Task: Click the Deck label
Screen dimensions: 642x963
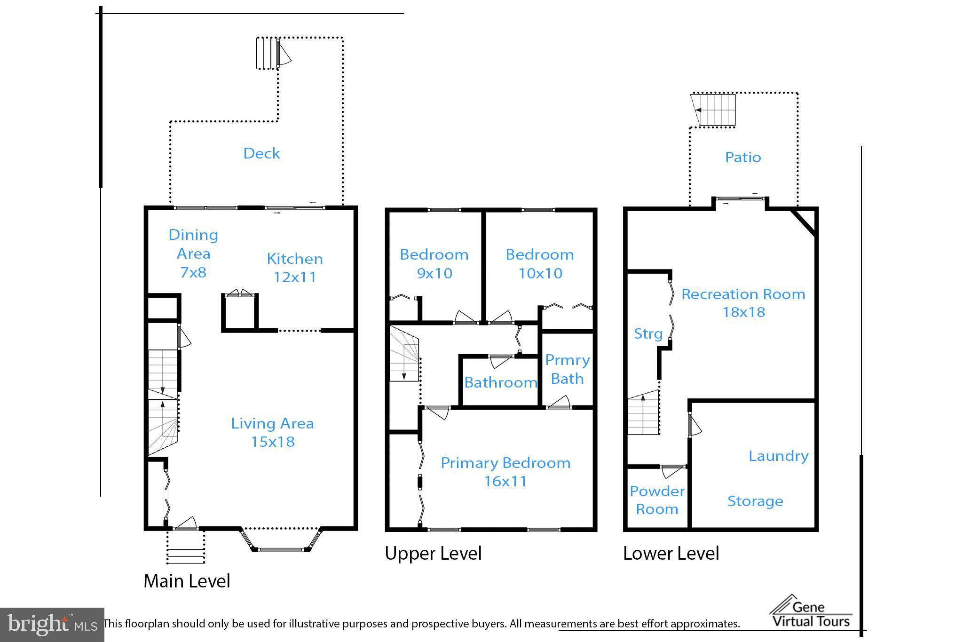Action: (x=261, y=153)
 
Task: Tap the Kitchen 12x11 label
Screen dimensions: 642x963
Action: (x=295, y=268)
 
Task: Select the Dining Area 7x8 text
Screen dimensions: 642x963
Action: (x=193, y=253)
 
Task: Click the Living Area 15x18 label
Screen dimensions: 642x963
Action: (x=272, y=432)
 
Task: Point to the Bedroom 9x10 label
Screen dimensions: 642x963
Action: (x=434, y=263)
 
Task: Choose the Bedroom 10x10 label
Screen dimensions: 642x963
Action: (x=540, y=263)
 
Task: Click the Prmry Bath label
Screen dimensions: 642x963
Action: (x=567, y=369)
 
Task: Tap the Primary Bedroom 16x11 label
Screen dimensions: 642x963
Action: (x=505, y=472)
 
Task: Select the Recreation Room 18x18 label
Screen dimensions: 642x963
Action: (x=743, y=303)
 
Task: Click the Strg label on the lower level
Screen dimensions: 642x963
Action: (x=648, y=334)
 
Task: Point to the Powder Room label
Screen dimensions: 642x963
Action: (x=657, y=500)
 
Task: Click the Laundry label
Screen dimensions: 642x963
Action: (x=778, y=456)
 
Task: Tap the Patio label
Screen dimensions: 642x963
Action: (x=743, y=157)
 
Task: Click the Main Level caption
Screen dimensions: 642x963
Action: (x=187, y=581)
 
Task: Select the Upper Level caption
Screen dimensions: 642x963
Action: (x=433, y=553)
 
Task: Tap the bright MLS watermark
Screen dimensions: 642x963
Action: (x=52, y=625)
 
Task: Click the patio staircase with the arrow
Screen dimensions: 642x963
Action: (x=714, y=110)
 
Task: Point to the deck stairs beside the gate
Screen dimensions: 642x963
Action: (x=266, y=53)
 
